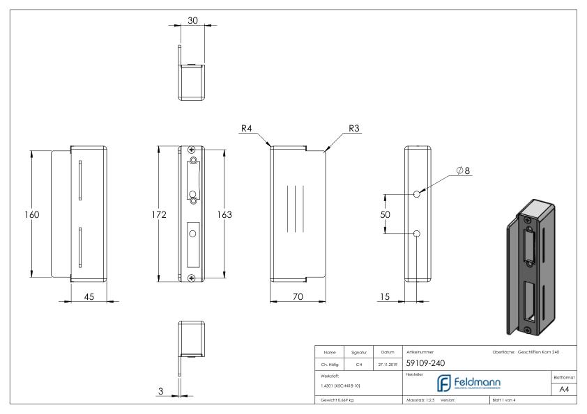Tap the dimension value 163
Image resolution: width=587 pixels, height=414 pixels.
click(225, 215)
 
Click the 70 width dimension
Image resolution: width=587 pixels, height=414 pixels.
click(298, 296)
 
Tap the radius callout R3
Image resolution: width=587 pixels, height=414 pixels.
click(354, 128)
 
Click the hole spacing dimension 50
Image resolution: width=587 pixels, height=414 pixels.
click(385, 215)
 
